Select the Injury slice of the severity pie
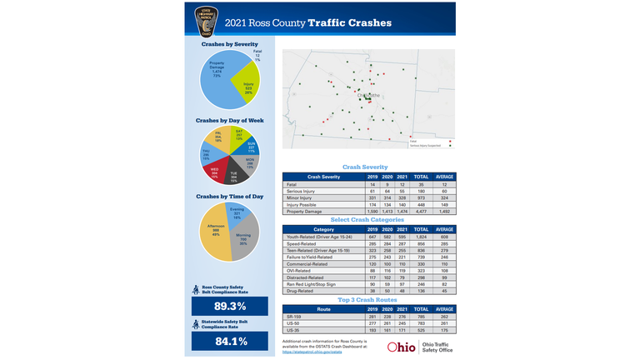245,83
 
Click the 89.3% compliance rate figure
231,307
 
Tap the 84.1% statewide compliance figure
231,342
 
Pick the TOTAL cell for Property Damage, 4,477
422,211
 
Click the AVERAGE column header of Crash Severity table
445,177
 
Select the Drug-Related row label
300,291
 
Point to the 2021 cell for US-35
403,330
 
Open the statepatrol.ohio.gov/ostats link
312,352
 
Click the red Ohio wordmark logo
402,347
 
